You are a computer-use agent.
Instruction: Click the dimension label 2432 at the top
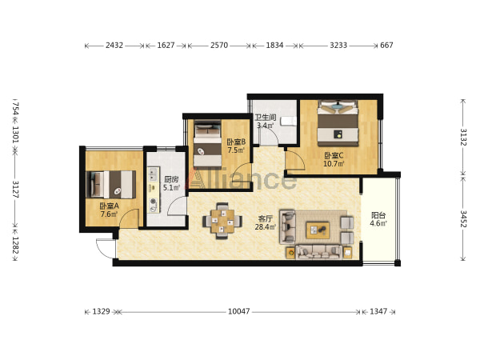(114, 46)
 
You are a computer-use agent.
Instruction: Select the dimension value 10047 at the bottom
(238, 311)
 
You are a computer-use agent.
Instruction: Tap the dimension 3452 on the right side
(463, 218)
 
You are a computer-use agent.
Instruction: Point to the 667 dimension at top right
(386, 46)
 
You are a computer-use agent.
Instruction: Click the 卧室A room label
(109, 206)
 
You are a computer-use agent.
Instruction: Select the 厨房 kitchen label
(171, 179)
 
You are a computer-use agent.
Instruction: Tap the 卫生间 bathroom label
(266, 118)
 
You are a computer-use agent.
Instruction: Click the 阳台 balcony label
(378, 215)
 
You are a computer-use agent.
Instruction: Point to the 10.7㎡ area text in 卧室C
(334, 164)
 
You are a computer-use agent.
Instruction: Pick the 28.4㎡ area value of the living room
(266, 227)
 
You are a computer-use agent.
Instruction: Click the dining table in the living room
(222, 221)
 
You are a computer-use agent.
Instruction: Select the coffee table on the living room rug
(318, 230)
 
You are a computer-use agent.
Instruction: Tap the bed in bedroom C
(338, 123)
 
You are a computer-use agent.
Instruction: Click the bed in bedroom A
(111, 185)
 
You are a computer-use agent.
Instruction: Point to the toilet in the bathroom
(289, 122)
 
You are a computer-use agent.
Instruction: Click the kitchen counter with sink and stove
(154, 190)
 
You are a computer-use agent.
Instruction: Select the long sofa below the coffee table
(318, 252)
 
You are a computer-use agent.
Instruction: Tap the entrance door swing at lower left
(106, 248)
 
